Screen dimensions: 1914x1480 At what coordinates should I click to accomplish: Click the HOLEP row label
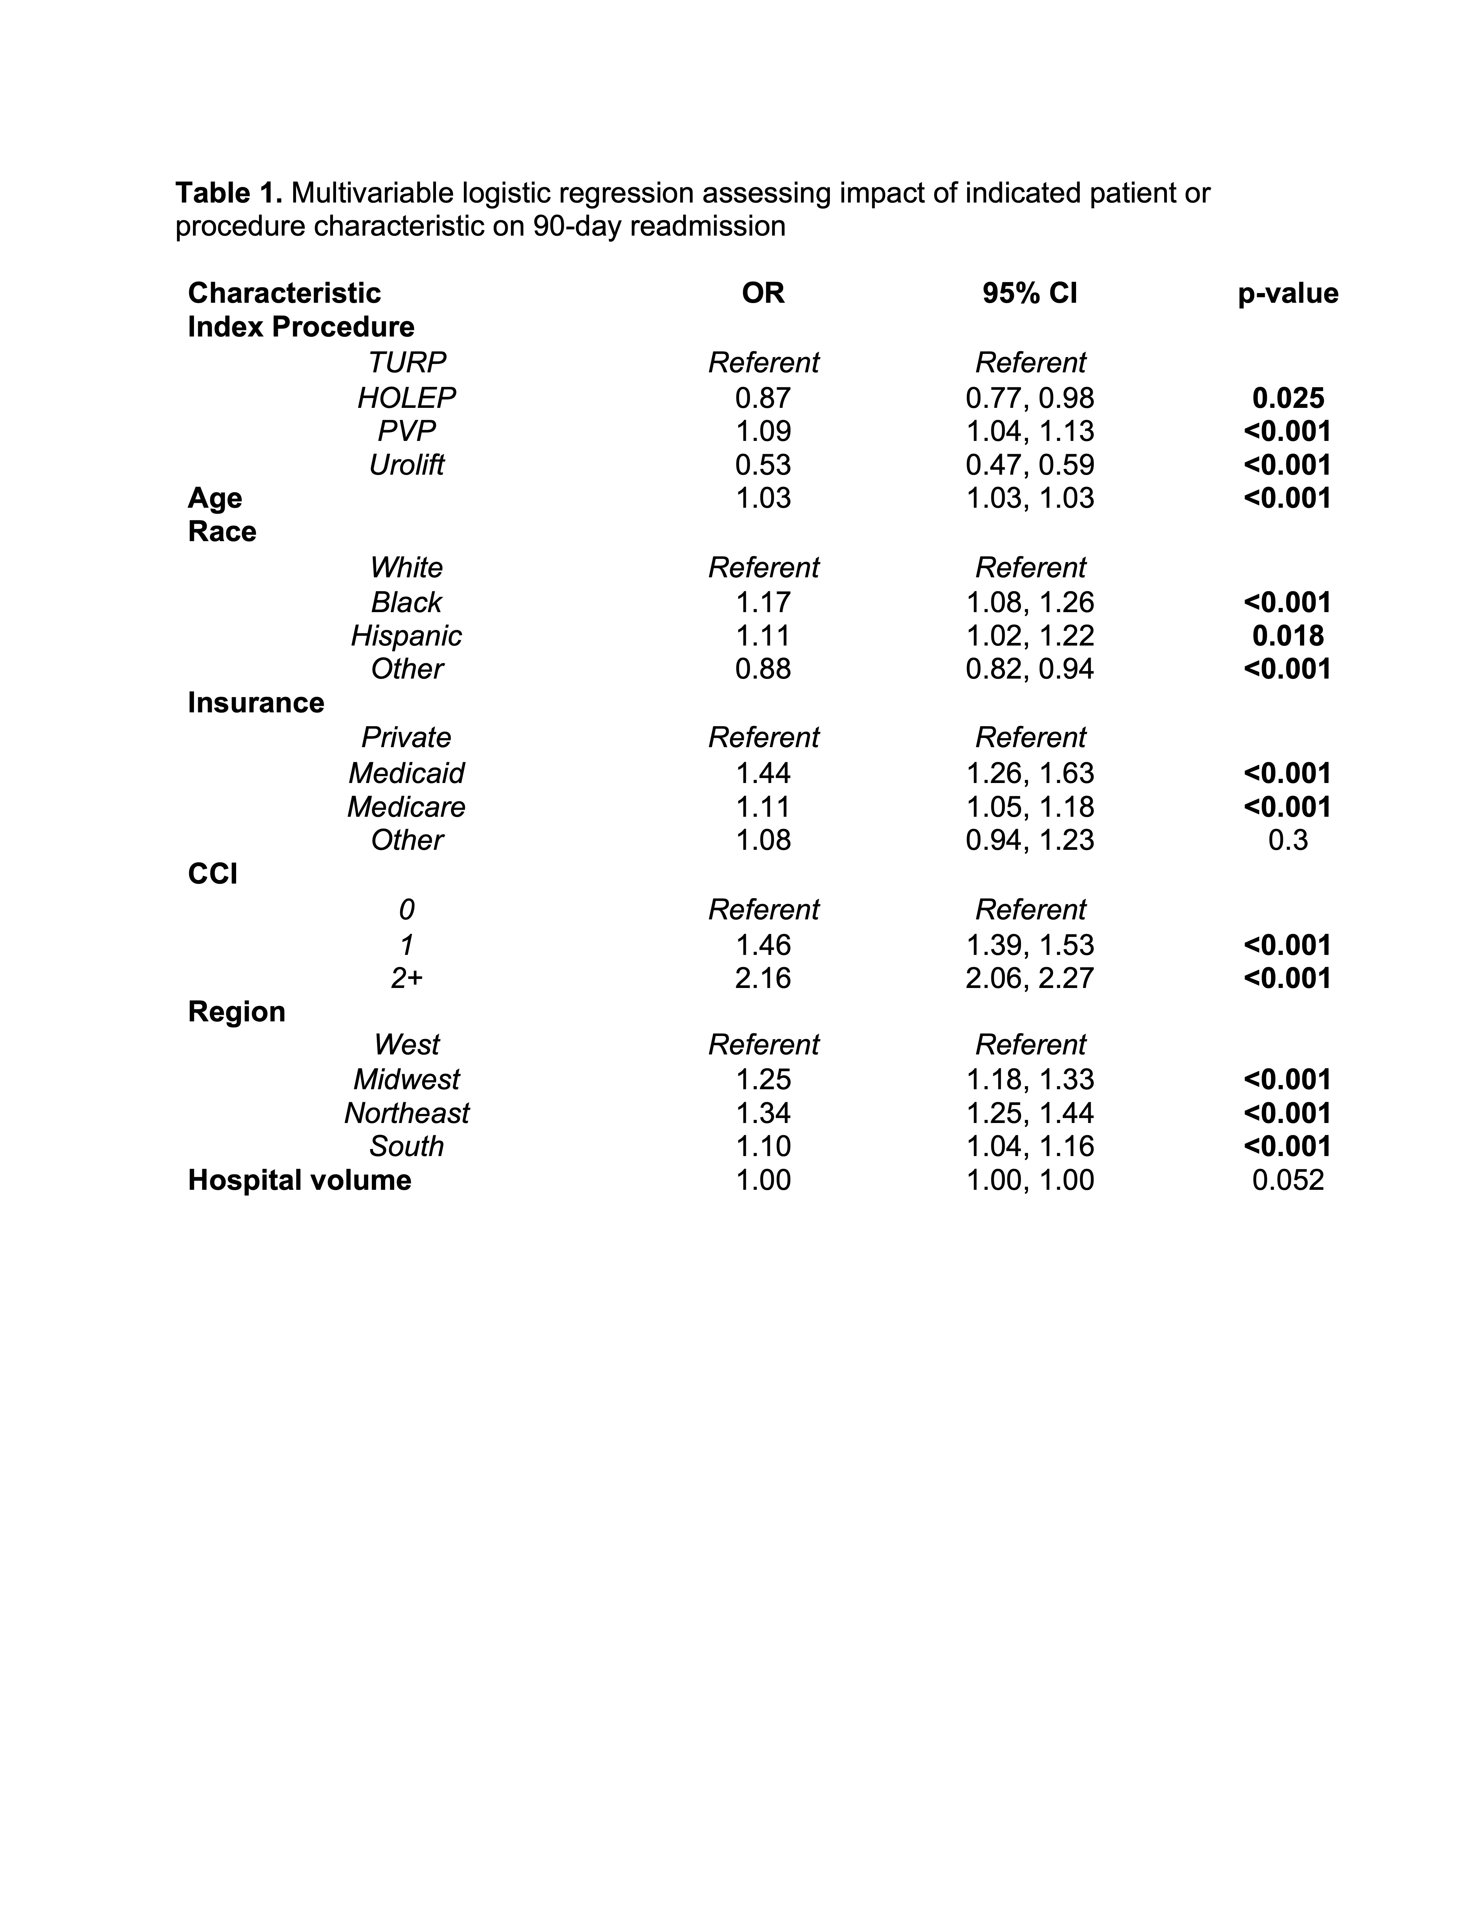click(406, 398)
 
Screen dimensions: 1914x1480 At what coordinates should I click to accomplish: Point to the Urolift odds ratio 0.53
click(763, 465)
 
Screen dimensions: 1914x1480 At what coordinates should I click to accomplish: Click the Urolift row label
click(406, 465)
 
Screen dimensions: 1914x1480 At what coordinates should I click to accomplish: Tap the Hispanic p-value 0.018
click(1287, 635)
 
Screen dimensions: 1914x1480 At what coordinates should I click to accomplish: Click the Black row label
click(406, 602)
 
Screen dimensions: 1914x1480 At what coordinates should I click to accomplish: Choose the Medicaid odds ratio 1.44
click(763, 773)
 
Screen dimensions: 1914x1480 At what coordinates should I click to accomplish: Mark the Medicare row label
click(406, 806)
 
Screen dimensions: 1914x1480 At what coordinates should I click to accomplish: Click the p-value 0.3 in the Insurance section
click(1287, 840)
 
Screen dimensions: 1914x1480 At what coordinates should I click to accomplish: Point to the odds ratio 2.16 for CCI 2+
click(763, 977)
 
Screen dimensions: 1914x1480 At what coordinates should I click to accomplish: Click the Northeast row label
click(406, 1113)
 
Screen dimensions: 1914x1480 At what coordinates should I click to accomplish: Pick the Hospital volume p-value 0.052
click(1287, 1180)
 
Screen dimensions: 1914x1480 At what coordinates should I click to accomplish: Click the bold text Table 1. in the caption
click(228, 192)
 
